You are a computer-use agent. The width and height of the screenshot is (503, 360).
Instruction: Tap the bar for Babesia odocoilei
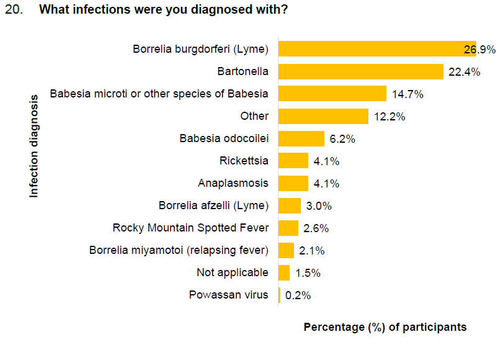(301, 138)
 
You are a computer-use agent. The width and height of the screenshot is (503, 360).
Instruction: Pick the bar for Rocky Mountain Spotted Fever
(288, 228)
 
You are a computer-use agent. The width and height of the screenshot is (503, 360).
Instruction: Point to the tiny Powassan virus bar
(280, 295)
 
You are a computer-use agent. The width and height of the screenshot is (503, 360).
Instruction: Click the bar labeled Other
(323, 116)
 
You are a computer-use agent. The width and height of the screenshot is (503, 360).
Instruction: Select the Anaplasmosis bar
(293, 183)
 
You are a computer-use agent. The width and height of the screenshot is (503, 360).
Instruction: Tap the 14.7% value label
(407, 94)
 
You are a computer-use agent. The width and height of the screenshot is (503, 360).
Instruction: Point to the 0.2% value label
(298, 295)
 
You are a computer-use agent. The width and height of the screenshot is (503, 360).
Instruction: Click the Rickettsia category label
(244, 161)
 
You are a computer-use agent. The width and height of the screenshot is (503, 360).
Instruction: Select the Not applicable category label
(233, 272)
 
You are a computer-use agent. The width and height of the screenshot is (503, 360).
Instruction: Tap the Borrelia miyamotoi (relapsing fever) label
(179, 250)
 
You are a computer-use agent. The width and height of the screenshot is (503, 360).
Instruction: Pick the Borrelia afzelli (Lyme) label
(213, 205)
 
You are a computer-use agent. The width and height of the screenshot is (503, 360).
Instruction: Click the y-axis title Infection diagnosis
(34, 145)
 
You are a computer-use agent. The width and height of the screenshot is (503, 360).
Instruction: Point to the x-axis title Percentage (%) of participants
(385, 327)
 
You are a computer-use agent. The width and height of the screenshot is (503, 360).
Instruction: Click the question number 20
(13, 11)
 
